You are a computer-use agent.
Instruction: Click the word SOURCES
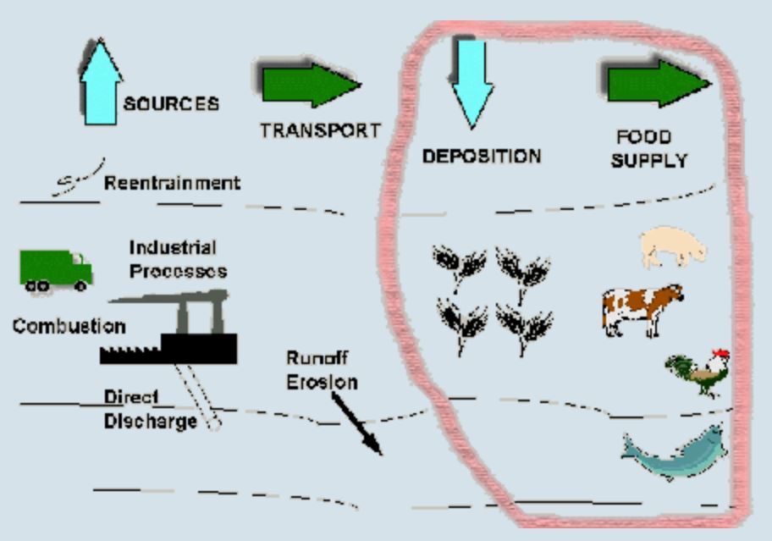pyautogui.click(x=171, y=104)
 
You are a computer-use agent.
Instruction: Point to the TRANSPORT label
pyautogui.click(x=320, y=130)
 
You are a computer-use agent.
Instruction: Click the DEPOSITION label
pyautogui.click(x=481, y=157)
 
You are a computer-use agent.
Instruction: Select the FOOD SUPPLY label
pyautogui.click(x=649, y=148)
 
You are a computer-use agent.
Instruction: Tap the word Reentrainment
pyautogui.click(x=172, y=183)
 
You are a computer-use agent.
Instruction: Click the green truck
pyautogui.click(x=55, y=269)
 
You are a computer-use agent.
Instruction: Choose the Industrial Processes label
pyautogui.click(x=178, y=259)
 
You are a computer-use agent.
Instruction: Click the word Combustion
pyautogui.click(x=69, y=326)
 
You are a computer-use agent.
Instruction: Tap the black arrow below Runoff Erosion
pyautogui.click(x=356, y=423)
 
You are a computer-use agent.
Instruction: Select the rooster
pyautogui.click(x=697, y=373)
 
